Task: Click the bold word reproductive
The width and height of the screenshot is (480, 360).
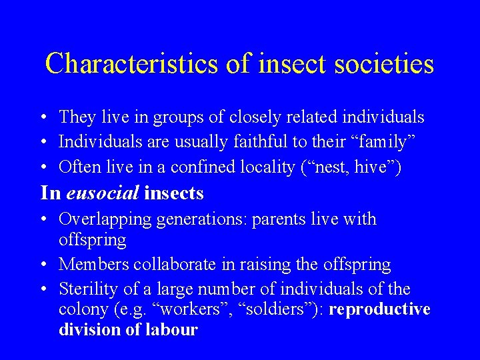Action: point(379,310)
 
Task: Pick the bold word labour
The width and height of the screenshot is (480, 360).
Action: point(175,329)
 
